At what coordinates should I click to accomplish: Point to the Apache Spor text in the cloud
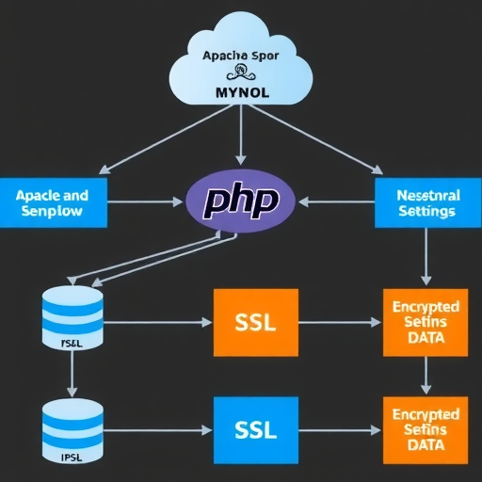tap(241, 56)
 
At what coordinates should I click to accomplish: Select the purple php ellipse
tap(241, 201)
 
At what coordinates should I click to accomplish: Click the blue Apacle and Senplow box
tap(53, 202)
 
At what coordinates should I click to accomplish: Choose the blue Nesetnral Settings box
tap(427, 202)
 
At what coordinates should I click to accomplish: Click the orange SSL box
tap(255, 322)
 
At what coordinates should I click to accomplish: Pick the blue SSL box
tap(255, 429)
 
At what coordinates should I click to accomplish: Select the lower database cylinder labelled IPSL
tap(72, 427)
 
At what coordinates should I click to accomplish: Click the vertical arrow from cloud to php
tap(242, 137)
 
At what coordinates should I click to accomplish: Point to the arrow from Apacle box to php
tap(146, 202)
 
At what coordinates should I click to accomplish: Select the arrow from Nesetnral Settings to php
tap(335, 202)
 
